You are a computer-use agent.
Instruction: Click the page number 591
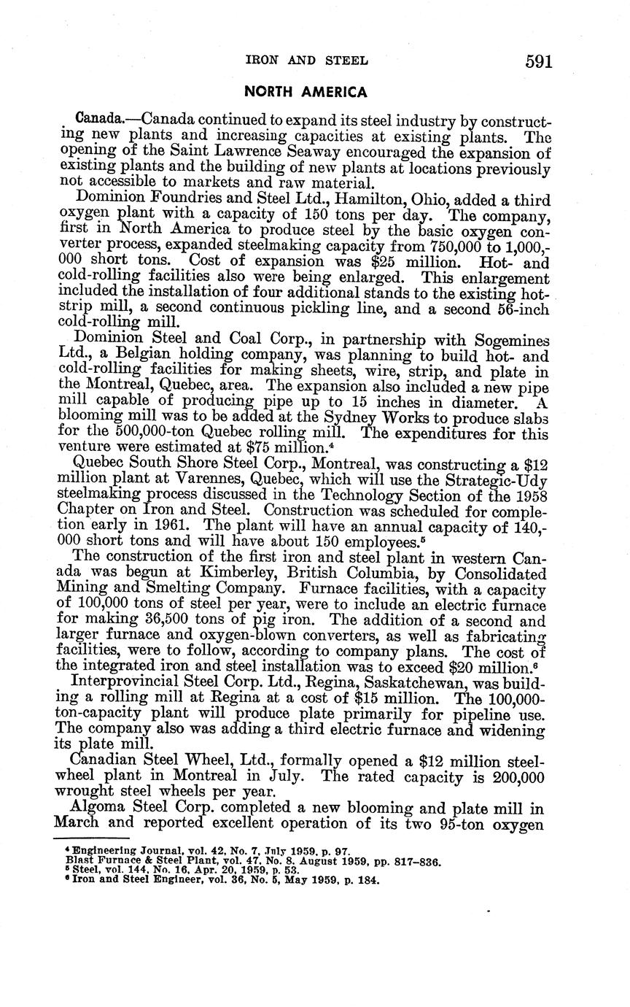pyautogui.click(x=539, y=61)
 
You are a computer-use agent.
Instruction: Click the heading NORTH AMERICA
pyautogui.click(x=306, y=92)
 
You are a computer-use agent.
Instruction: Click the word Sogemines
pyautogui.click(x=510, y=340)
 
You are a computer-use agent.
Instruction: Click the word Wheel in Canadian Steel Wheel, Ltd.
pyautogui.click(x=207, y=760)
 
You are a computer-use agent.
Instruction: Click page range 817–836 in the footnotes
pyautogui.click(x=414, y=862)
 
